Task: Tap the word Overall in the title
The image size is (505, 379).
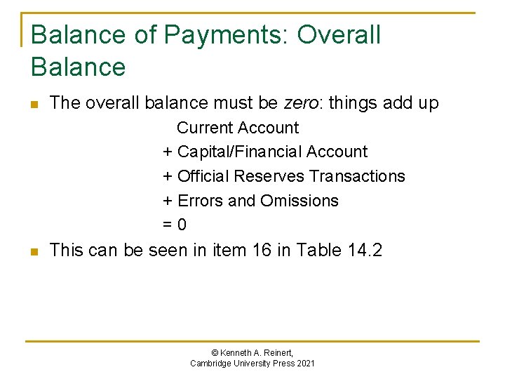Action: click(x=339, y=34)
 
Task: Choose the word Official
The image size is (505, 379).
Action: click(x=205, y=176)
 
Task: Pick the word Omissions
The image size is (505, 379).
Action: click(x=299, y=201)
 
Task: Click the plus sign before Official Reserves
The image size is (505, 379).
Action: click(x=168, y=176)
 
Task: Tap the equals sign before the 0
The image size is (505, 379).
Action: click(x=168, y=225)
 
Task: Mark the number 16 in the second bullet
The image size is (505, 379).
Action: click(x=277, y=250)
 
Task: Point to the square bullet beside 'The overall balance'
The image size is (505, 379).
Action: click(x=34, y=105)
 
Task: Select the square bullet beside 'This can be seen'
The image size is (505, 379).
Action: click(x=34, y=251)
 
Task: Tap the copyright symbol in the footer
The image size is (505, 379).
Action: click(x=214, y=352)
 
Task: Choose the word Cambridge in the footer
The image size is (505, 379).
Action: click(x=210, y=363)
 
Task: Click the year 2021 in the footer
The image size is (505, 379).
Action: click(x=305, y=363)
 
